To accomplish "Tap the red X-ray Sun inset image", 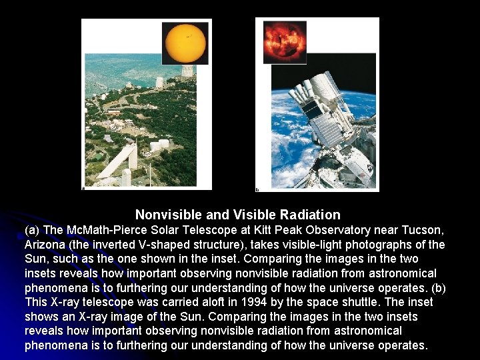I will [x=285, y=40].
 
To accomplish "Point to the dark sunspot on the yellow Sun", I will [x=189, y=35].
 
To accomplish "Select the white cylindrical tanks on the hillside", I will [x=157, y=145].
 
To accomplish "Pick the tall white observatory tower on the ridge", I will [x=160, y=83].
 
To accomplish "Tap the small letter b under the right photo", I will [x=258, y=189].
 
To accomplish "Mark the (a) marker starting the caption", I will [x=33, y=230].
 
